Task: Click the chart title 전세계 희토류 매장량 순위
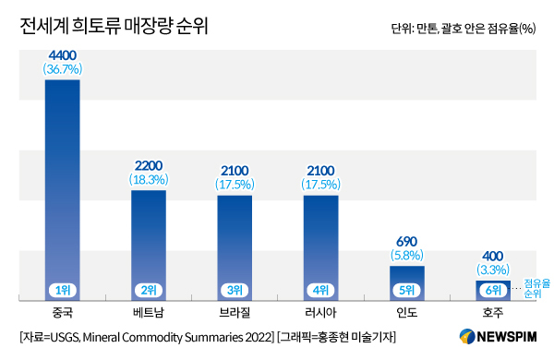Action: coord(114,27)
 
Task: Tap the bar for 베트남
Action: coord(149,240)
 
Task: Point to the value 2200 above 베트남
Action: coord(149,167)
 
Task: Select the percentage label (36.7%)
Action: coord(62,69)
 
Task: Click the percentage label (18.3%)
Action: coord(149,181)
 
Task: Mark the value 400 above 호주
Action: coord(493,255)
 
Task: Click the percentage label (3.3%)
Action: coord(493,269)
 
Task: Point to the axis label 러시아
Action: coord(320,312)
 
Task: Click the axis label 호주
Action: coord(493,312)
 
